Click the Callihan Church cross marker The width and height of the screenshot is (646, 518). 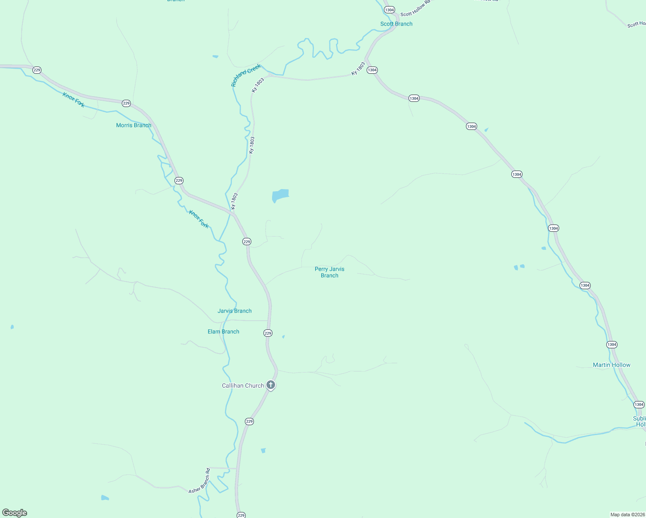click(271, 385)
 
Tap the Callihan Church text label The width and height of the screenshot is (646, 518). click(243, 385)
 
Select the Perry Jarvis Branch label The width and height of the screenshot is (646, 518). click(329, 272)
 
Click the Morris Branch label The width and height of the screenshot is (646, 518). click(134, 125)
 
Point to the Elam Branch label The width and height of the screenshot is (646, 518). click(223, 332)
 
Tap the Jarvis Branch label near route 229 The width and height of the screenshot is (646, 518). click(234, 311)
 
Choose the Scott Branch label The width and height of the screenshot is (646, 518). click(396, 24)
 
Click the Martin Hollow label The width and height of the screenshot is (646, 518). click(611, 365)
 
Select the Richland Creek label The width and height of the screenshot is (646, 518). click(246, 75)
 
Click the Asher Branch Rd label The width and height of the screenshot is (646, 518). click(199, 481)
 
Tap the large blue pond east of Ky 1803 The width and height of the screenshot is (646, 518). click(280, 195)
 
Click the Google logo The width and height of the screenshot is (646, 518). click(15, 512)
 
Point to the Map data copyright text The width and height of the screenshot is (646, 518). click(627, 515)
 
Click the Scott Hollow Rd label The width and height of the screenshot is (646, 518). click(415, 9)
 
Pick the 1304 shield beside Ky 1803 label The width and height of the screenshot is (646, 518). click(372, 70)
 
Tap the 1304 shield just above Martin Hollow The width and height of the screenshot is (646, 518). click(612, 344)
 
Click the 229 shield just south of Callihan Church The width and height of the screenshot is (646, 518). click(249, 421)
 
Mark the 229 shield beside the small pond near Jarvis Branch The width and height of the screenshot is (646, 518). click(268, 333)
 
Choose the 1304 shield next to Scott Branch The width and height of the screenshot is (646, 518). click(389, 10)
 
